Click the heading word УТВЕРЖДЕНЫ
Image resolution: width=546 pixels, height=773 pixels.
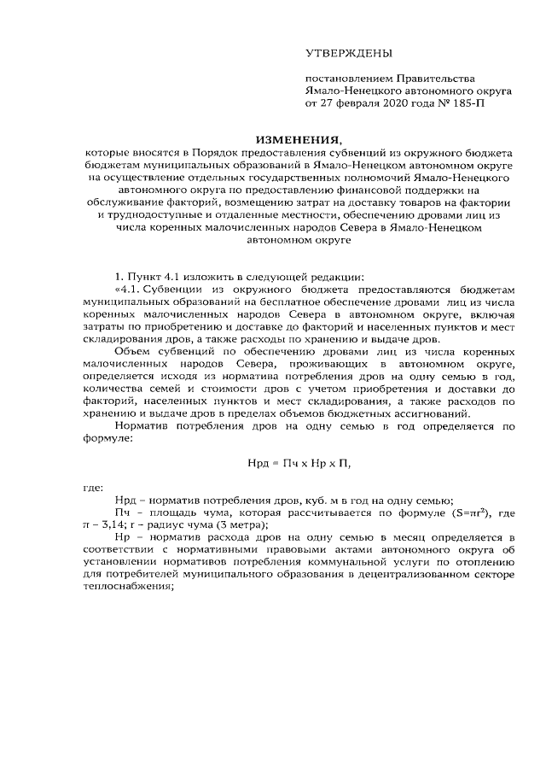(x=350, y=54)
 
